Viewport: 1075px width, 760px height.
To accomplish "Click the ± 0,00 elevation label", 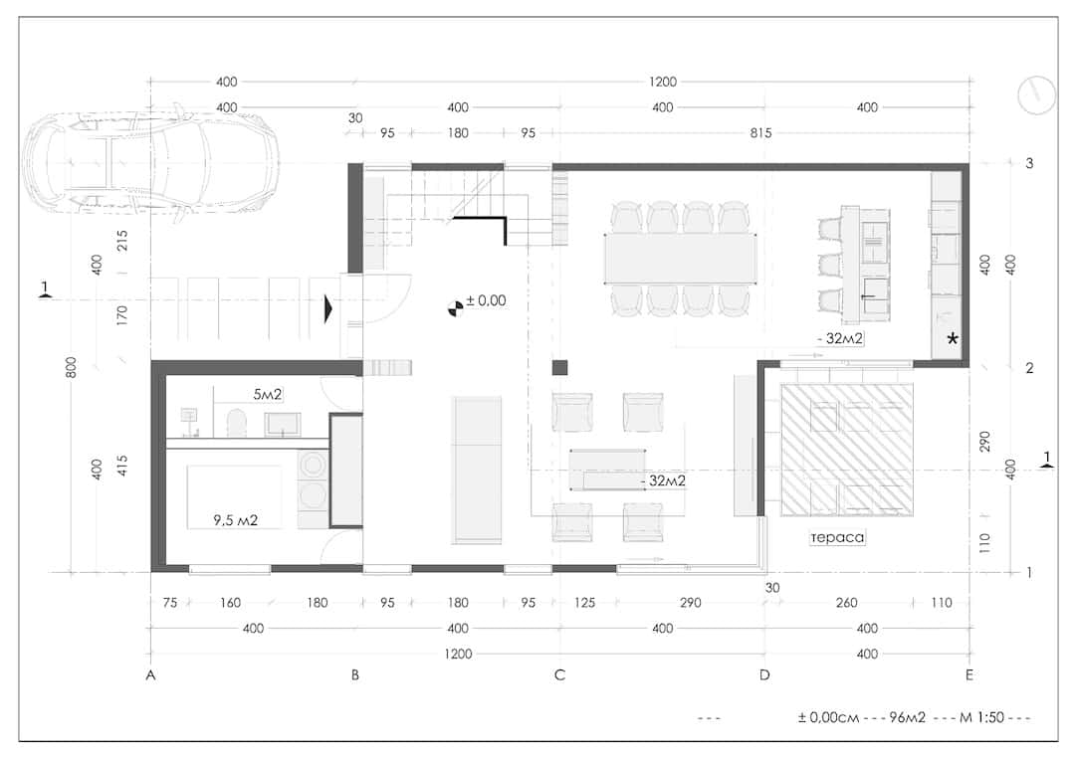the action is pyautogui.click(x=486, y=300).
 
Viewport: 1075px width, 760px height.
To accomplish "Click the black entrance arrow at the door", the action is pyautogui.click(x=328, y=309).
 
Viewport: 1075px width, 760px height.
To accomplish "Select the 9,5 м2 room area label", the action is pyautogui.click(x=235, y=520).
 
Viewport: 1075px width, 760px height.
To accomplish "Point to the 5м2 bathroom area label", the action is pyautogui.click(x=268, y=394).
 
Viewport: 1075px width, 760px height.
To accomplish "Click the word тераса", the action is pyautogui.click(x=837, y=537).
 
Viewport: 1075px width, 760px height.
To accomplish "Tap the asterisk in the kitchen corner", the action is pyautogui.click(x=953, y=338).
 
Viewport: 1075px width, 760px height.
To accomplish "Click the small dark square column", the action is pyautogui.click(x=560, y=367).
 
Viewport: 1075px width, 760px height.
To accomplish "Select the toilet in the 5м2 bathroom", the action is pyautogui.click(x=237, y=423).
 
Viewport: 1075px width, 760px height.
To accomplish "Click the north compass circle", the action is pyautogui.click(x=1036, y=95).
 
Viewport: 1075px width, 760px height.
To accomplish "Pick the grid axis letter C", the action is pyautogui.click(x=559, y=675).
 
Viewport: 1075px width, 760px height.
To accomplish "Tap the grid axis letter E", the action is pyautogui.click(x=968, y=675).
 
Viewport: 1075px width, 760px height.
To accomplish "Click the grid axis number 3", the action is pyautogui.click(x=1029, y=163).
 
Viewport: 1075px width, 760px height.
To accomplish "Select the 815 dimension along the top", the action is pyautogui.click(x=760, y=133).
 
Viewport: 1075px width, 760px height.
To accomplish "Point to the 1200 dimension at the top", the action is pyautogui.click(x=662, y=83).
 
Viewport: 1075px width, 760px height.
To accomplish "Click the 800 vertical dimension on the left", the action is pyautogui.click(x=72, y=367).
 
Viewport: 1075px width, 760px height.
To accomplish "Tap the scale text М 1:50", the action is pyautogui.click(x=981, y=717).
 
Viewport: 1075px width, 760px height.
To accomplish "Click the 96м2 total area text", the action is pyautogui.click(x=907, y=717).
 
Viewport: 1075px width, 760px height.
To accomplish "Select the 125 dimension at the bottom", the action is pyautogui.click(x=585, y=603).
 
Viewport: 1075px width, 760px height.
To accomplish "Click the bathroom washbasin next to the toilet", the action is pyautogui.click(x=283, y=424).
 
